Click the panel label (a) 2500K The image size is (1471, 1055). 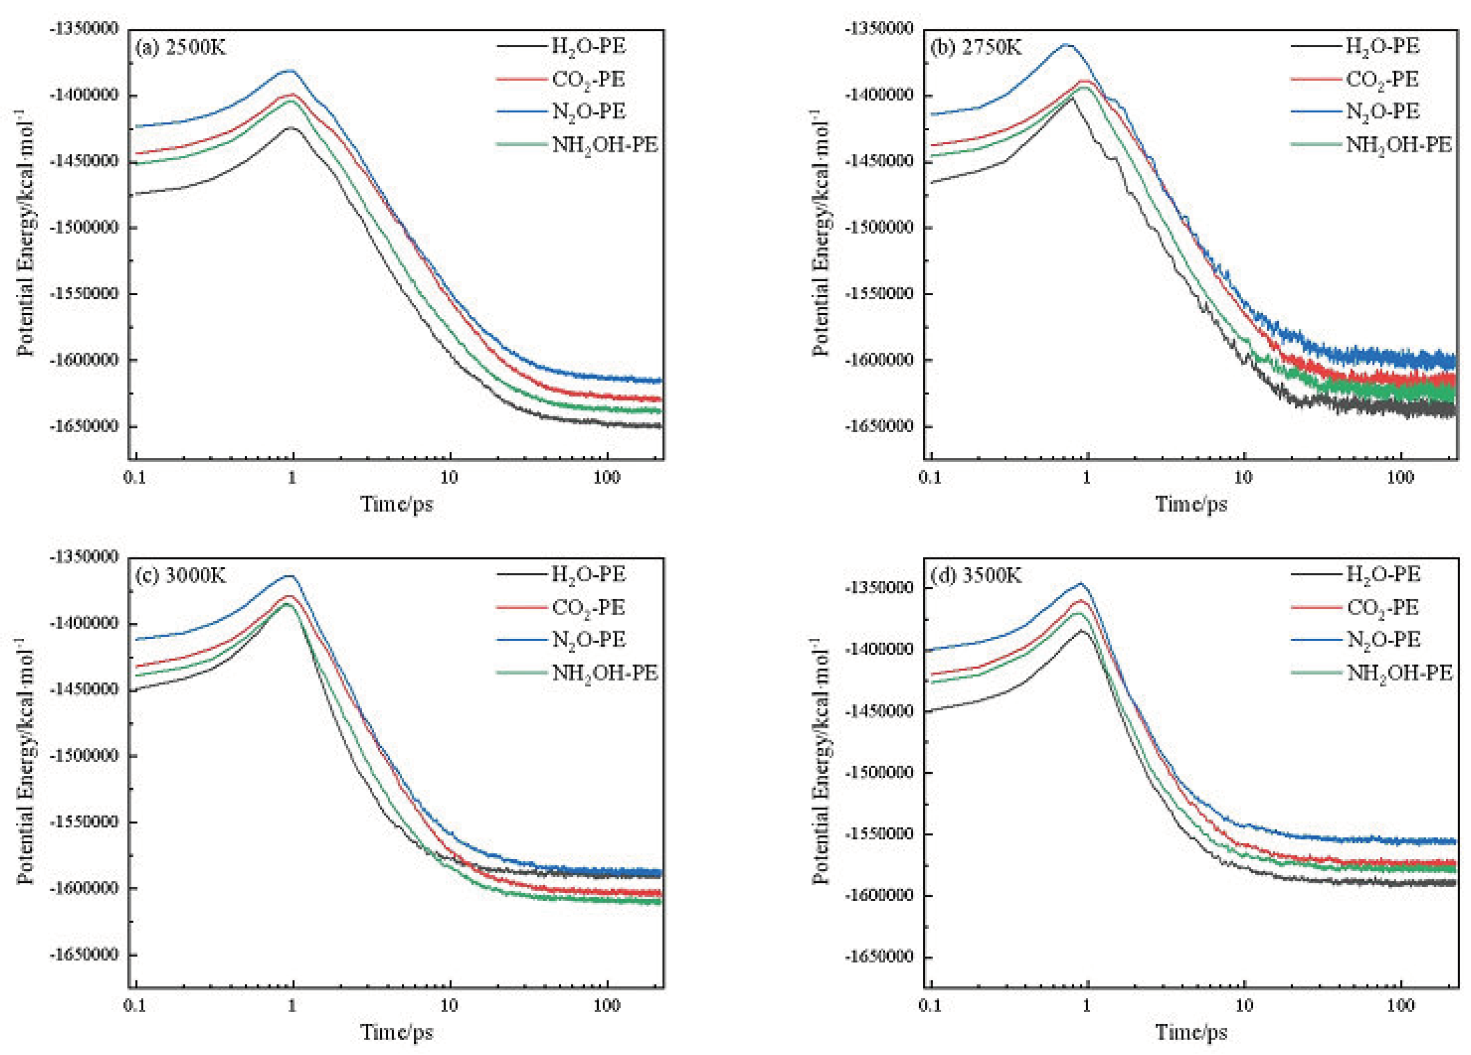coord(180,48)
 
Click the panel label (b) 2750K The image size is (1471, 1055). coord(975,48)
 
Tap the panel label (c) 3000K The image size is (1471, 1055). coord(180,576)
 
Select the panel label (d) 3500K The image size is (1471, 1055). coord(975,576)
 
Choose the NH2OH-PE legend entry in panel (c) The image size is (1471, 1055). coord(604,672)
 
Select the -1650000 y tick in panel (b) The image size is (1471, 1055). coord(880,426)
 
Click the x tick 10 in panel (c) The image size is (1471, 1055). coord(449,1006)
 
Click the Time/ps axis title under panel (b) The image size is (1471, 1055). coord(1191,504)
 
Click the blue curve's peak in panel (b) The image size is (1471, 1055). coord(1066,44)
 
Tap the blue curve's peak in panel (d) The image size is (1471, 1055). coord(1080,583)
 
